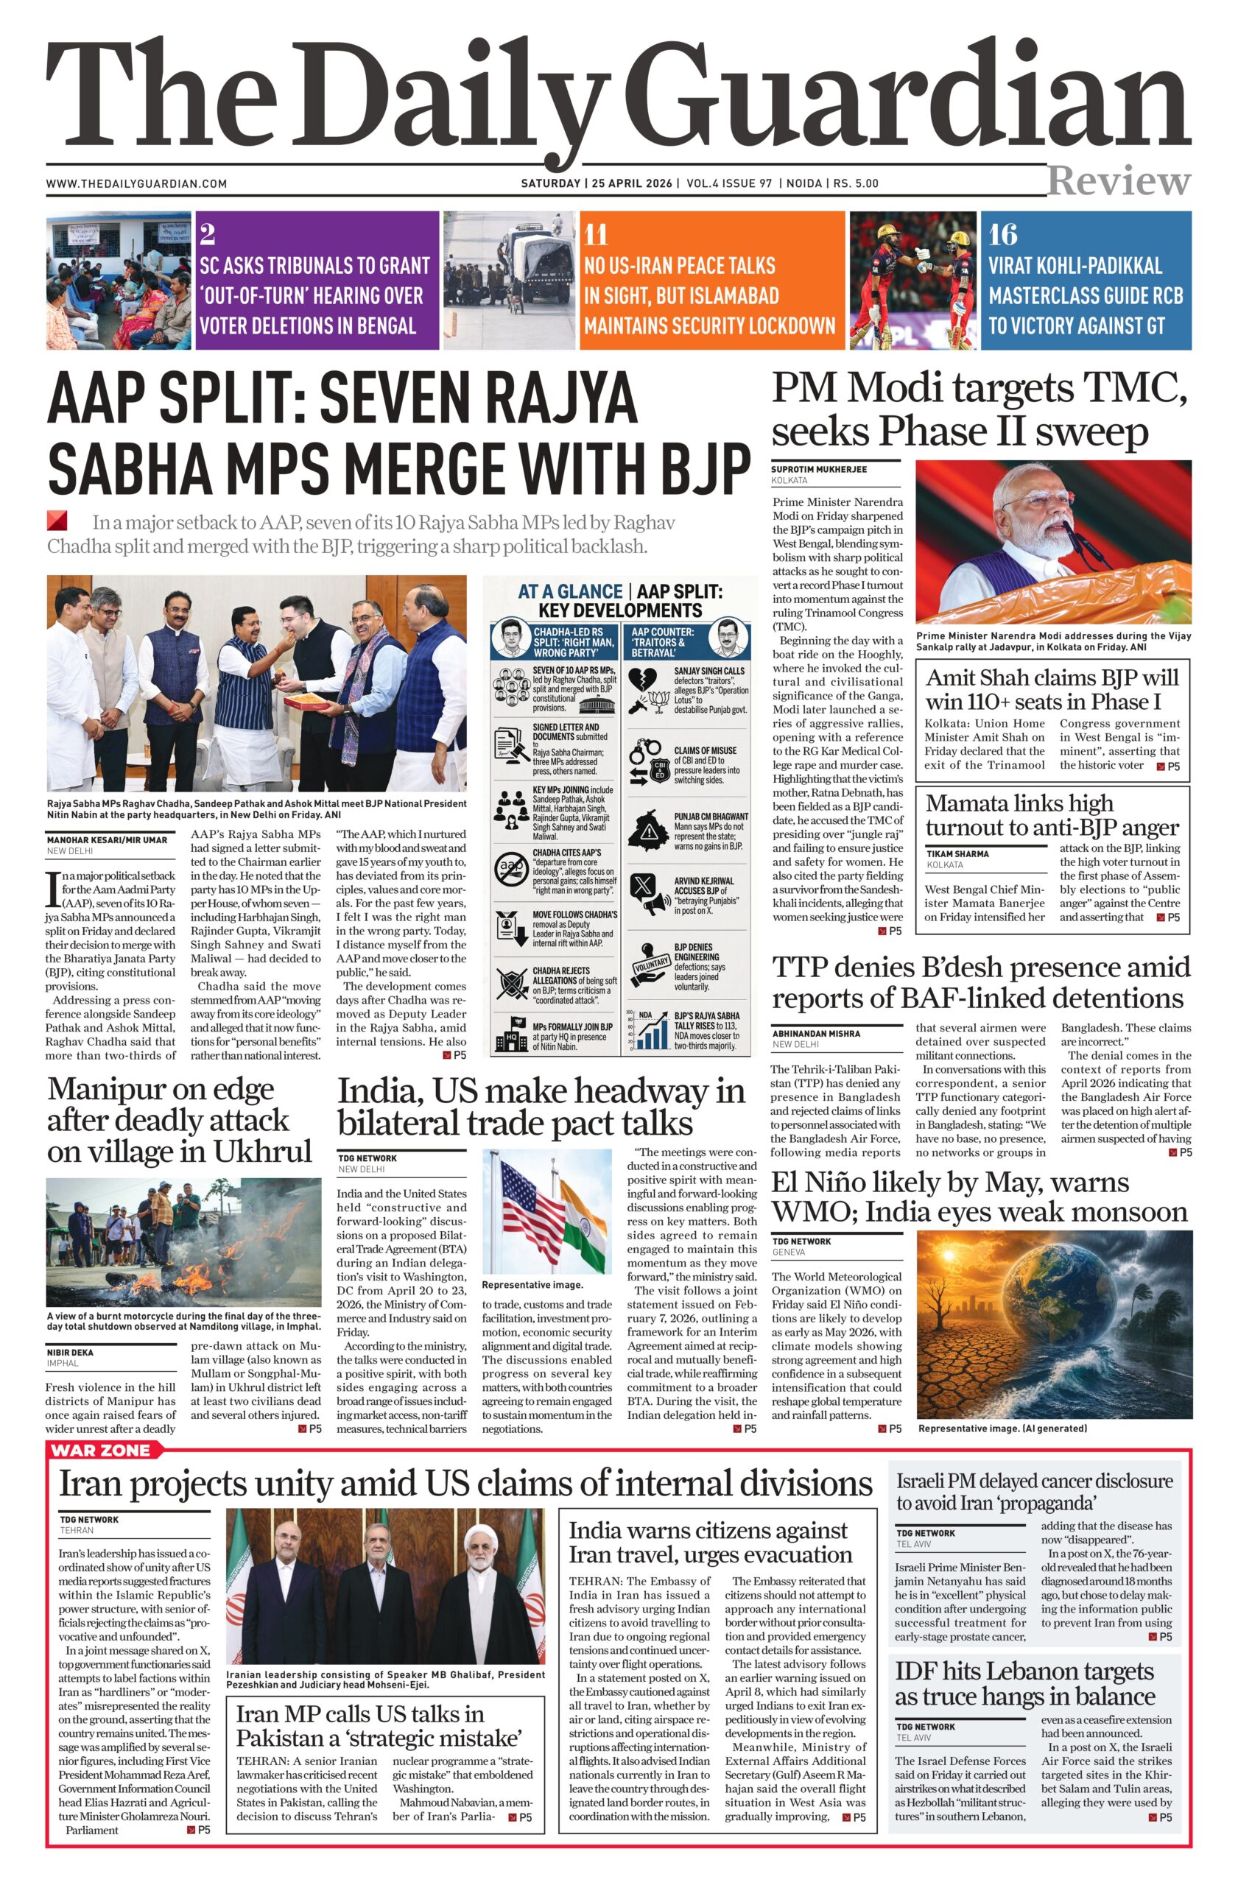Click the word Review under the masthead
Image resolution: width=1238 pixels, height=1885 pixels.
pos(1119,181)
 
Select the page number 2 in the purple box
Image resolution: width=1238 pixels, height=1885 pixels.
pos(208,234)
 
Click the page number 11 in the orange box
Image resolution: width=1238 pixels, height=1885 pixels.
pos(596,235)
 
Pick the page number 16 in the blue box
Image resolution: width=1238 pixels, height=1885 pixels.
pos(1003,234)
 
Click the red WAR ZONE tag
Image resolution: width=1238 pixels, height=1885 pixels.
pos(100,1450)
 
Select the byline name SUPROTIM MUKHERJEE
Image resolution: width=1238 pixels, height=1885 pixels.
pos(819,470)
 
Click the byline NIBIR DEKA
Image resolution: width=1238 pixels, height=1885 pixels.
pos(70,1353)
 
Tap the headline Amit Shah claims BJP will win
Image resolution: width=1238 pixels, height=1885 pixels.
pos(1052,690)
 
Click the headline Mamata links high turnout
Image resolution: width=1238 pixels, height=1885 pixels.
pos(1052,815)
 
